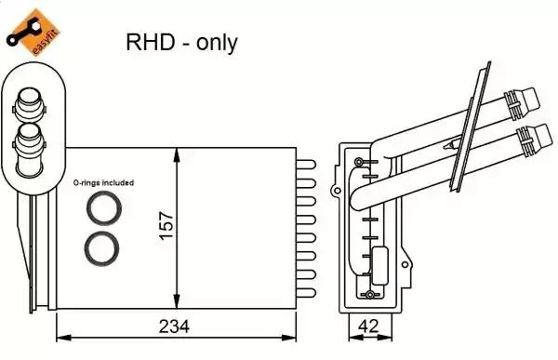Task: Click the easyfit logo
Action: coord(33,33)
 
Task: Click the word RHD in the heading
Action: coord(151,42)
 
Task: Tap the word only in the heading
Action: coord(217,43)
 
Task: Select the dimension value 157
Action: coord(166,226)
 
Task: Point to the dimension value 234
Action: coord(174,327)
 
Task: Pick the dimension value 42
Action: coord(369,326)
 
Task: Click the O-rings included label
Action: coord(103,182)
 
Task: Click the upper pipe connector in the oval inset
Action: coord(30,103)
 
